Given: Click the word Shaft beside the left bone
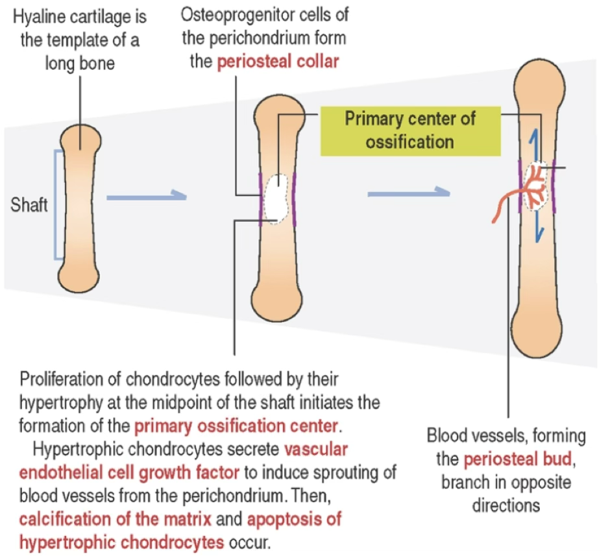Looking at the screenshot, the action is (x=29, y=205).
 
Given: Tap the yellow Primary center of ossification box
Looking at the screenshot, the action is (x=410, y=131).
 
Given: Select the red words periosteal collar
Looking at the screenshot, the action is (x=278, y=62).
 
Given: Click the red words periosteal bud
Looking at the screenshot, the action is (x=518, y=459).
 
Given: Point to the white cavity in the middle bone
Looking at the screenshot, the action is (x=276, y=199).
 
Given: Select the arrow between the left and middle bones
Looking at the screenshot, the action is (x=147, y=197).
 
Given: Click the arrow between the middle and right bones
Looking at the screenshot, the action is (x=409, y=193).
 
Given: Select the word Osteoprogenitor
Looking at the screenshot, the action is (x=234, y=15).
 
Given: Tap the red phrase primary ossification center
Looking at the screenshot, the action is (x=236, y=426).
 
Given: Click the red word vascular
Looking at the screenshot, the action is (x=315, y=449).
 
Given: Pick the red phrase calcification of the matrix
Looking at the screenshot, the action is (x=115, y=519).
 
